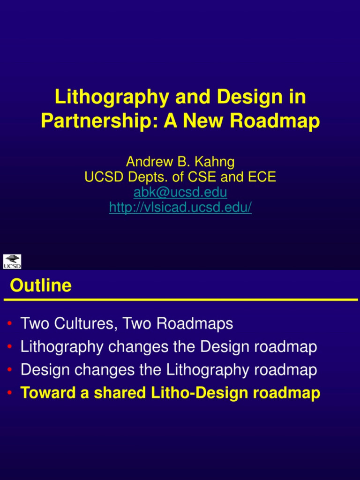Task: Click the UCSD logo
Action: click(12, 262)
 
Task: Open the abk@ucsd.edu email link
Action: click(180, 192)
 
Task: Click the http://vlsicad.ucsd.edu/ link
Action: click(180, 207)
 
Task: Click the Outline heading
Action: click(41, 285)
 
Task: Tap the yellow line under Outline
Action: click(180, 300)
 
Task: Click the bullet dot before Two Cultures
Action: click(10, 324)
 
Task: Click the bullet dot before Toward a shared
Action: click(10, 393)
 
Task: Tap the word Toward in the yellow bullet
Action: click(48, 393)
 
